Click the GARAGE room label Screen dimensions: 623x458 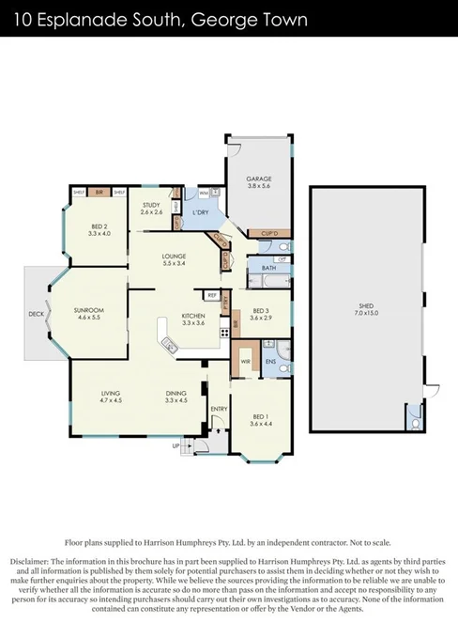point(258,178)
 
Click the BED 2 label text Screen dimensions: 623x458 point(99,226)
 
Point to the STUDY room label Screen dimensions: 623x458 point(152,205)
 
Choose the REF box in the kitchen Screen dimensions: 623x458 point(212,295)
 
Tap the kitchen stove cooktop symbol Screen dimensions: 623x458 point(223,332)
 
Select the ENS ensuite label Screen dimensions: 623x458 point(270,360)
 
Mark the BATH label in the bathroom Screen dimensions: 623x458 point(268,268)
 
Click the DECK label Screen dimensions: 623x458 point(35,314)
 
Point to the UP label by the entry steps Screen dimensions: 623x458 point(176,446)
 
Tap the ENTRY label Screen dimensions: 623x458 point(219,409)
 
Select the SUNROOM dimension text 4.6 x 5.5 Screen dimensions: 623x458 point(89,317)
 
